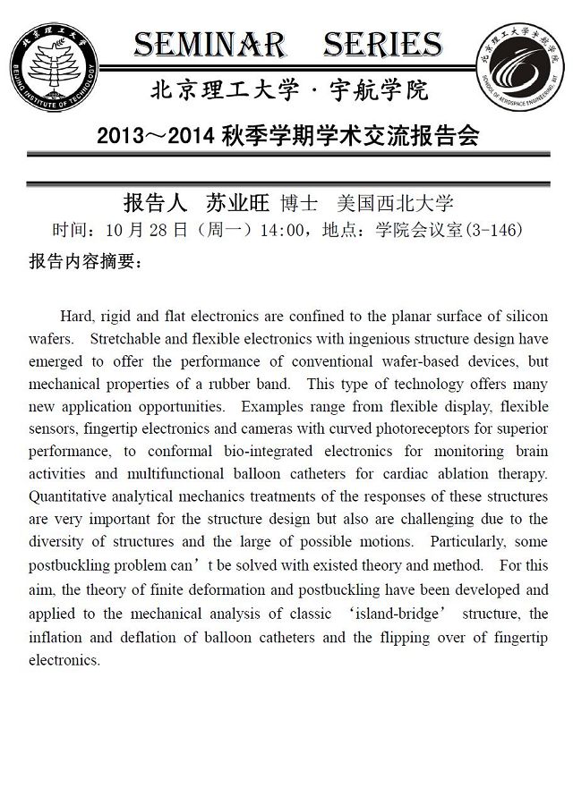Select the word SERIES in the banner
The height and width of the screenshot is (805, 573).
point(381,44)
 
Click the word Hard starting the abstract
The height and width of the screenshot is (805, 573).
point(76,317)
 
